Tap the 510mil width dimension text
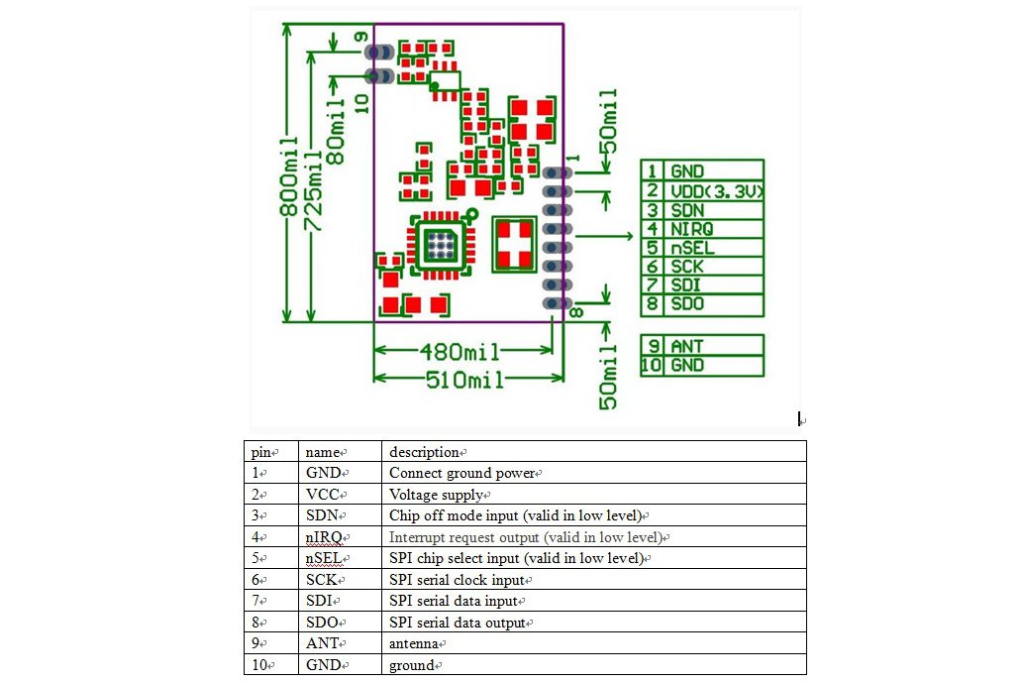[464, 379]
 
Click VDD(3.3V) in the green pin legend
[715, 191]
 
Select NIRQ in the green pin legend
[692, 229]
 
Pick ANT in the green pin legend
[687, 346]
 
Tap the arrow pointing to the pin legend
[606, 236]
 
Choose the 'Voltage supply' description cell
[437, 495]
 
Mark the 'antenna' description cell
[414, 644]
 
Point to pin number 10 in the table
[260, 665]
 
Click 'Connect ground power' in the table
[462, 473]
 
